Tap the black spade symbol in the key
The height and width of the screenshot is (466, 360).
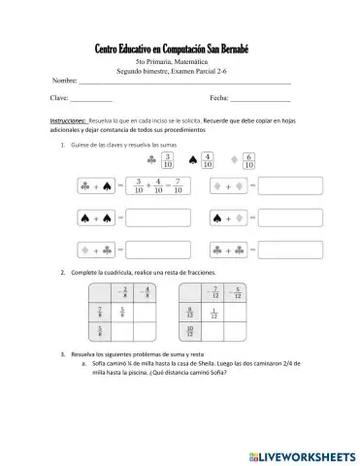(x=192, y=159)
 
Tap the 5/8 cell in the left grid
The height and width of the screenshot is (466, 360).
(x=121, y=312)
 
